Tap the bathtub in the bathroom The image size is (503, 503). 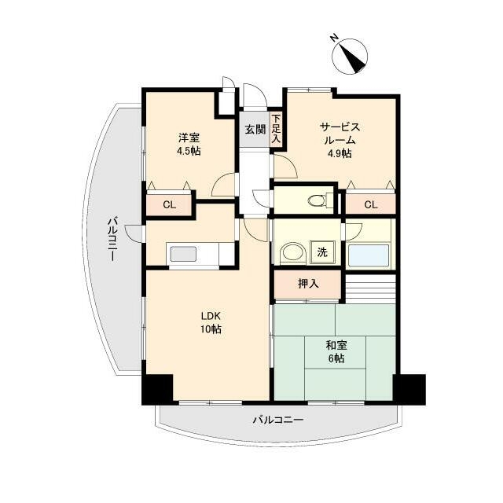coord(369,255)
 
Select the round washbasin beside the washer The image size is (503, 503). coord(292,253)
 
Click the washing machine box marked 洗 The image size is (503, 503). coord(322,252)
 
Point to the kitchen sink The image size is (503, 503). coord(183,254)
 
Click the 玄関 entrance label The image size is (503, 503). coord(255,130)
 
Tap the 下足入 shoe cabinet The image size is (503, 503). coord(276,129)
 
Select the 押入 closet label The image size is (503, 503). coord(308,284)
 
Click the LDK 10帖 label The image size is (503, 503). coord(211,323)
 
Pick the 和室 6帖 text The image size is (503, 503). coord(336,351)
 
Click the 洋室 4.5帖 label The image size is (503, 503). coord(189,144)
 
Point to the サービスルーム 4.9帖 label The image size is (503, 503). coord(340,140)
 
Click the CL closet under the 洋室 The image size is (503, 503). coord(170,204)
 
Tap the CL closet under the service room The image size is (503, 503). coord(371,204)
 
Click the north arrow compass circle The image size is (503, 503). coord(350,57)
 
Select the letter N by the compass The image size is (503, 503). coord(334,39)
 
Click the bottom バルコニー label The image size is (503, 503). coord(278,420)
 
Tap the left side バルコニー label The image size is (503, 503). coord(112,239)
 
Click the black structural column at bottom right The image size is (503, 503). coord(409,390)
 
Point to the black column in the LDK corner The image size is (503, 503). coord(157,390)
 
